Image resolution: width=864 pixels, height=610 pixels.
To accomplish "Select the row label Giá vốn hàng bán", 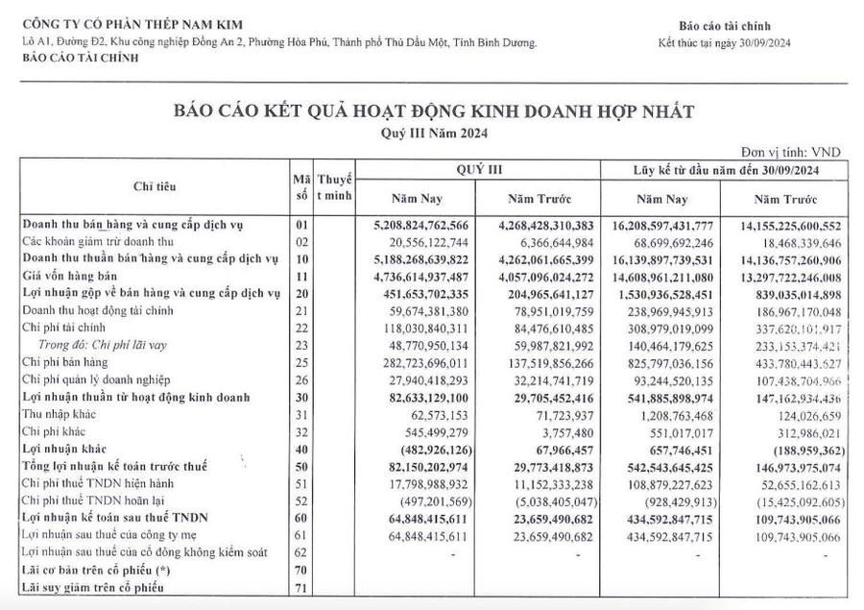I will [x=64, y=274].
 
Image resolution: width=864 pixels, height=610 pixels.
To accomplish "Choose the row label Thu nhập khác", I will [x=58, y=414].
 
